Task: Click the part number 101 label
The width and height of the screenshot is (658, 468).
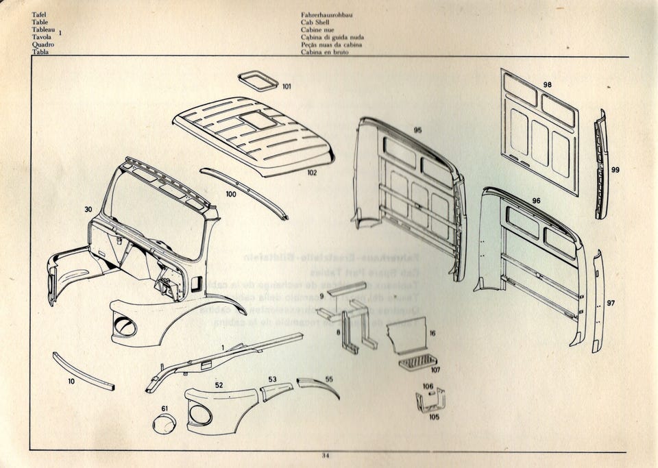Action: (x=287, y=87)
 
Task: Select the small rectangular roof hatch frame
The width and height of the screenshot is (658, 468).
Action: (x=258, y=82)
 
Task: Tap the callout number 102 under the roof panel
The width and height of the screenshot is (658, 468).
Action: (x=312, y=173)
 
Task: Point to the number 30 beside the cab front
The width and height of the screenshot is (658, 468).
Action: (x=88, y=209)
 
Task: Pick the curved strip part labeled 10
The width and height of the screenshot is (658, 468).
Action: (x=83, y=371)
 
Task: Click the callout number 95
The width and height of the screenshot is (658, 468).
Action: (x=417, y=130)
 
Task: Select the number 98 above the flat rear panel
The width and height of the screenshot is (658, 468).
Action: (x=547, y=84)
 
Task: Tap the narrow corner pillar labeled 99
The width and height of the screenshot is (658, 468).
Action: (x=600, y=164)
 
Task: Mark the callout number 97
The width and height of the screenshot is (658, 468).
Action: (x=611, y=303)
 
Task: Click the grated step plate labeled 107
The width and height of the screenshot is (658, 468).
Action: (x=417, y=361)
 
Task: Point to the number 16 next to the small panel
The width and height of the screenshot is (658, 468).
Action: (x=432, y=333)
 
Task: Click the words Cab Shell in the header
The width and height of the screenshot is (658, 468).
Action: (x=315, y=22)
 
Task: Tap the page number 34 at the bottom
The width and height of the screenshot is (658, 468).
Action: (x=326, y=455)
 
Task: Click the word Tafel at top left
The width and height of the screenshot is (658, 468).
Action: (x=39, y=14)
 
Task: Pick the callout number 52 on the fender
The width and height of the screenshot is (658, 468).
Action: (x=218, y=386)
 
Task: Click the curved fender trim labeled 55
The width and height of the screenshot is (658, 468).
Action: (x=319, y=386)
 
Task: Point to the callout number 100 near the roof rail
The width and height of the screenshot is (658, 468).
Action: (x=231, y=194)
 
